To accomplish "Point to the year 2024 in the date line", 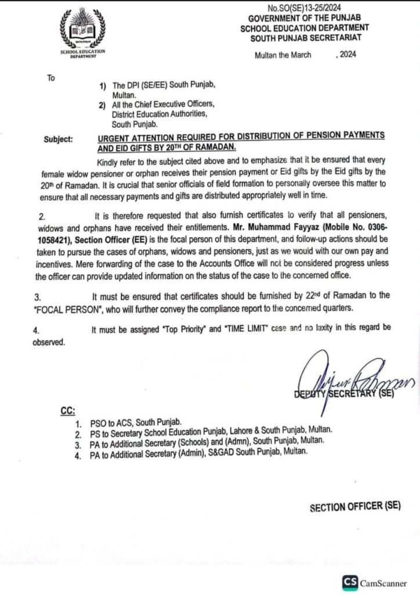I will point(346,55).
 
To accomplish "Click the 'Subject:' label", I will point(59,139).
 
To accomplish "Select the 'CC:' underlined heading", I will point(67,411).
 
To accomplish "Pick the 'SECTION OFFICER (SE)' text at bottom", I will point(355,506).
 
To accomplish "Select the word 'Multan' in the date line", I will point(266,55).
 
